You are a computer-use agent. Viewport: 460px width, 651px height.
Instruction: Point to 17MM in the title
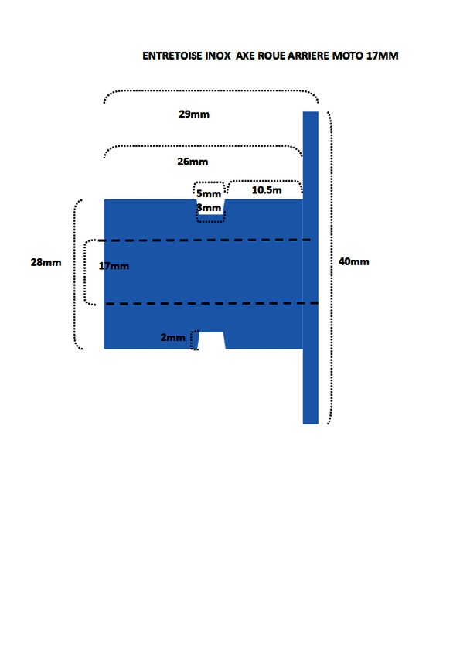383,56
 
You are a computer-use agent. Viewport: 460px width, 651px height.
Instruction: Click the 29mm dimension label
194,114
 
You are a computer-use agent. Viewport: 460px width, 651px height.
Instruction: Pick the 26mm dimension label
193,162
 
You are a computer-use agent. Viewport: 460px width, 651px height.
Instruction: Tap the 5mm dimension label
209,193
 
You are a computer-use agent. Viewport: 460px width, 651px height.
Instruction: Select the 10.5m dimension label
267,189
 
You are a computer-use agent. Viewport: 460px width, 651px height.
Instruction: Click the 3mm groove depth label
209,207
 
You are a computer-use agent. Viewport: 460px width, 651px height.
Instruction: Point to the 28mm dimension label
46,262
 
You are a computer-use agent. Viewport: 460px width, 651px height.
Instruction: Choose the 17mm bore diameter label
114,266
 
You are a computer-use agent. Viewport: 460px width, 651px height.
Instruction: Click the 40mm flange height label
354,261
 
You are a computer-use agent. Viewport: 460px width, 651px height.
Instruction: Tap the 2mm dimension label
172,338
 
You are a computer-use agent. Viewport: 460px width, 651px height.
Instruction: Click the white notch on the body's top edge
211,206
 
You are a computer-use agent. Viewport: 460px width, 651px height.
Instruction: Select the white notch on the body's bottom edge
212,340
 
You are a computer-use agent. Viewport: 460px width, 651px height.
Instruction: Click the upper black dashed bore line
204,240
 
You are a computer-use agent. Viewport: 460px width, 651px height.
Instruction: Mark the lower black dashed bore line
212,304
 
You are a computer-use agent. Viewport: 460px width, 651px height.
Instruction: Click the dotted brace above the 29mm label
211,90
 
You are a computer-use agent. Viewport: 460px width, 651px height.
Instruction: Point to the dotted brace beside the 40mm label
331,268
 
